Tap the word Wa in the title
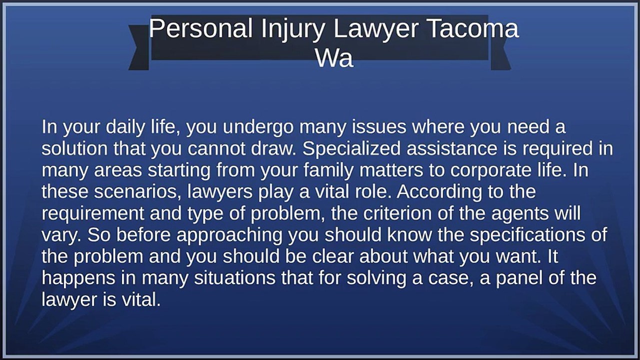[x=334, y=58]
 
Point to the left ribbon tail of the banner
[x=139, y=47]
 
